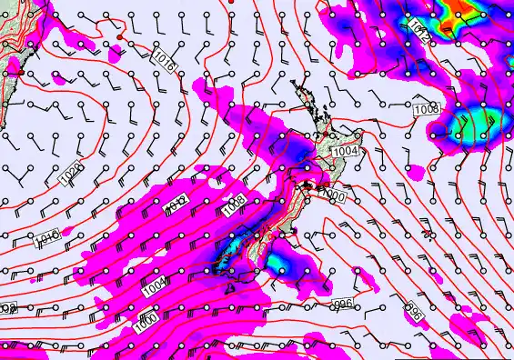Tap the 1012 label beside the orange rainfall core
click(x=418, y=31)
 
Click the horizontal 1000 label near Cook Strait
click(x=334, y=195)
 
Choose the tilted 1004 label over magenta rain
click(x=156, y=285)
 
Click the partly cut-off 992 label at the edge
click(x=7, y=309)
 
